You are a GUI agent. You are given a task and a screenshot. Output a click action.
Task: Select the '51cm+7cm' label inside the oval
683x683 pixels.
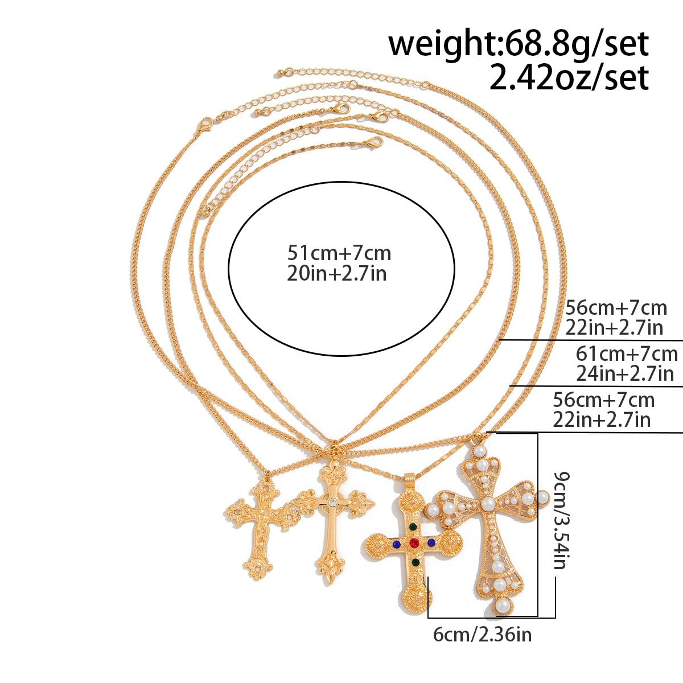click(339, 253)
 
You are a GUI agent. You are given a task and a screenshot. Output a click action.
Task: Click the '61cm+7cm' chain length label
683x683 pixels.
click(627, 353)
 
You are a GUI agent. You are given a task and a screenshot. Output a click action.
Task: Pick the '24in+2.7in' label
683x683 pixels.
click(624, 373)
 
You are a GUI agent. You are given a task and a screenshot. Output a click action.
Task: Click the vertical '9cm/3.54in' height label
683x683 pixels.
click(561, 520)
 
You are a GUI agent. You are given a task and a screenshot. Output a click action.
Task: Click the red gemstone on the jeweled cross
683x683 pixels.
click(414, 542)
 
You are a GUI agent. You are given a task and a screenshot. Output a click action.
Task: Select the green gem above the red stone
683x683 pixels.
click(414, 527)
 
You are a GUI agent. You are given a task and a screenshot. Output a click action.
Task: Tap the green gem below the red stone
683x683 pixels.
click(415, 562)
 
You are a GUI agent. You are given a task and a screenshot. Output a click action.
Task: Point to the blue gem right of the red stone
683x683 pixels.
click(431, 542)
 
